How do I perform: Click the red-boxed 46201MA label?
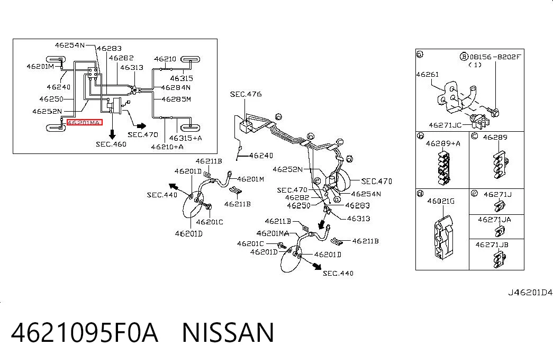(85, 122)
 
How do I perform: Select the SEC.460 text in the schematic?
(111, 144)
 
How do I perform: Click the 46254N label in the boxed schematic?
(70, 45)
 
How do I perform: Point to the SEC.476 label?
(246, 94)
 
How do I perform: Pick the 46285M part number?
(176, 99)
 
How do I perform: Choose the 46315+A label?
(186, 138)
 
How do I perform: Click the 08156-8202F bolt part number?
(495, 57)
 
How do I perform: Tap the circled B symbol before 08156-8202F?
(464, 57)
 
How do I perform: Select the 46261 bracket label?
(428, 75)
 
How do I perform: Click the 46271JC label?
(445, 125)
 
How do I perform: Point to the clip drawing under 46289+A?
(443, 168)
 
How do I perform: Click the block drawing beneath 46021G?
(442, 238)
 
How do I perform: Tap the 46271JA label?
(494, 220)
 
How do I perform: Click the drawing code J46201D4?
(530, 293)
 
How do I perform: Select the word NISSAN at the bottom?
(228, 332)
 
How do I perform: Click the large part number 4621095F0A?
(85, 332)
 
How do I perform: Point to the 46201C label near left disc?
(210, 222)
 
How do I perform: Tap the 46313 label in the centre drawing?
(359, 219)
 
